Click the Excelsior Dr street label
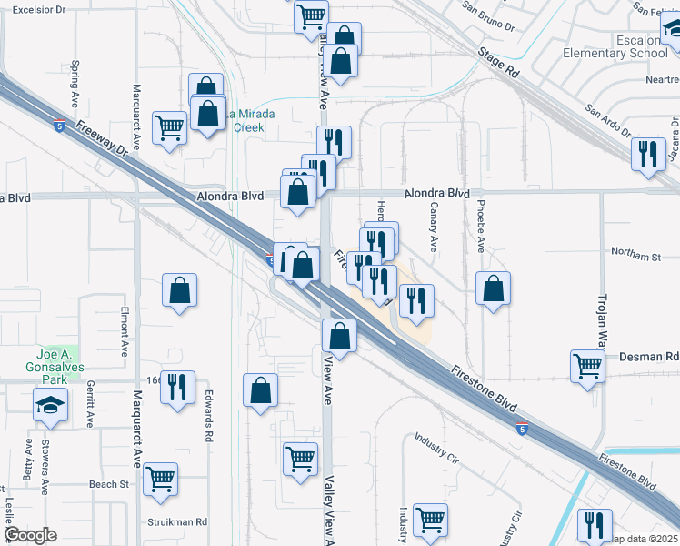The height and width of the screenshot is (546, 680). click(36, 9)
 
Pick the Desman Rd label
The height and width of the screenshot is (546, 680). click(649, 357)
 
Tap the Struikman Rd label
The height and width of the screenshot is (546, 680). click(178, 522)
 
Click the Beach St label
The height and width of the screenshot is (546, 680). click(109, 485)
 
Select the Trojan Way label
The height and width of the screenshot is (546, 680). click(601, 323)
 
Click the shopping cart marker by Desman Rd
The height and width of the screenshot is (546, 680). click(588, 366)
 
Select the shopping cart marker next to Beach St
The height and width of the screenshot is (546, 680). click(161, 478)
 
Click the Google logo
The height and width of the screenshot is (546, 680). click(31, 535)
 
